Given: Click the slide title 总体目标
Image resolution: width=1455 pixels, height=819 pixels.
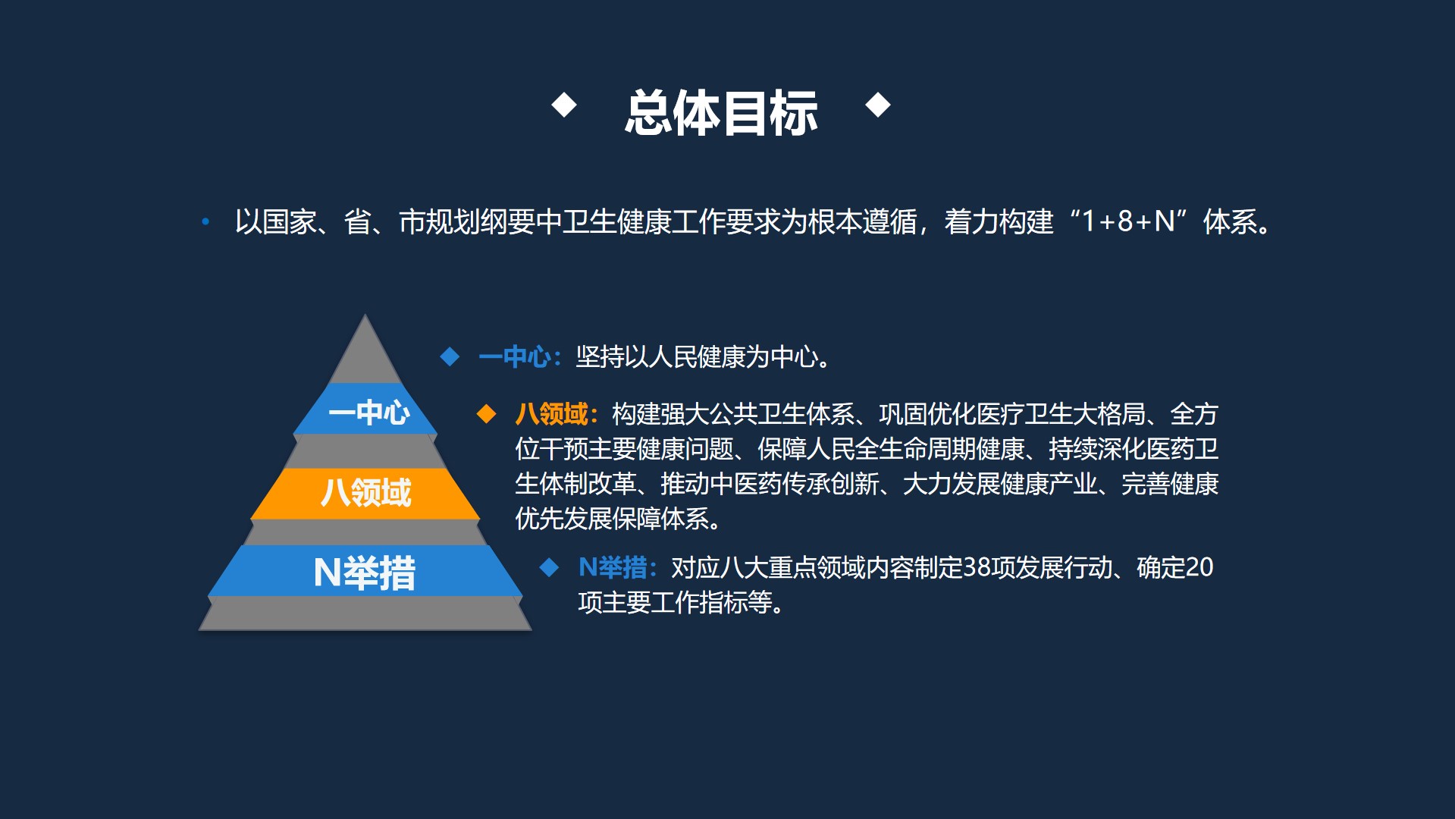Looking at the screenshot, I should (x=721, y=113).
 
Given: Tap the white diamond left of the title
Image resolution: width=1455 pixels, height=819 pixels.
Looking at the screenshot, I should (x=564, y=105).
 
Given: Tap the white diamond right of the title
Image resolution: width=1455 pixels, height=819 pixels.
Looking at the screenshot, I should (x=878, y=105).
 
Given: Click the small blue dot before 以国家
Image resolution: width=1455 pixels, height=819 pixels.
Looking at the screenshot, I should (x=205, y=222).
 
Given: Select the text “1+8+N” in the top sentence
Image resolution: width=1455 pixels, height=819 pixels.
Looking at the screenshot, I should (x=1128, y=222).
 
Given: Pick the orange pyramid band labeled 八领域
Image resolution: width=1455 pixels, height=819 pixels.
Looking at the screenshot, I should (x=365, y=493).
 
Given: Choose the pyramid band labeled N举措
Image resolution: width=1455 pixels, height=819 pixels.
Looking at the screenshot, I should (x=365, y=572).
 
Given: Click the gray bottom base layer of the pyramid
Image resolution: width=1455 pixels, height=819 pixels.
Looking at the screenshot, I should (x=365, y=614).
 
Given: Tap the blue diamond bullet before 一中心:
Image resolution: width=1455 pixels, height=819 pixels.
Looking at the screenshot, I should (x=450, y=356).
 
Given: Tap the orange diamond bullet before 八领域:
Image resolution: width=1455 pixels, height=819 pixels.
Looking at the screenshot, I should (x=486, y=414).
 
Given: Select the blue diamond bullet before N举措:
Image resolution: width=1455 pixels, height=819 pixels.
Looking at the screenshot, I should (x=549, y=567).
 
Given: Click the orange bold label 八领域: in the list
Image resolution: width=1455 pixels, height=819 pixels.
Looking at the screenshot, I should (x=557, y=414).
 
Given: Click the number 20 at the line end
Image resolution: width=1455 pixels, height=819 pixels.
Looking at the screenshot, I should (x=1199, y=567).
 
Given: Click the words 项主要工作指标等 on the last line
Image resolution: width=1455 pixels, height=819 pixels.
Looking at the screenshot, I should (x=674, y=603).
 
